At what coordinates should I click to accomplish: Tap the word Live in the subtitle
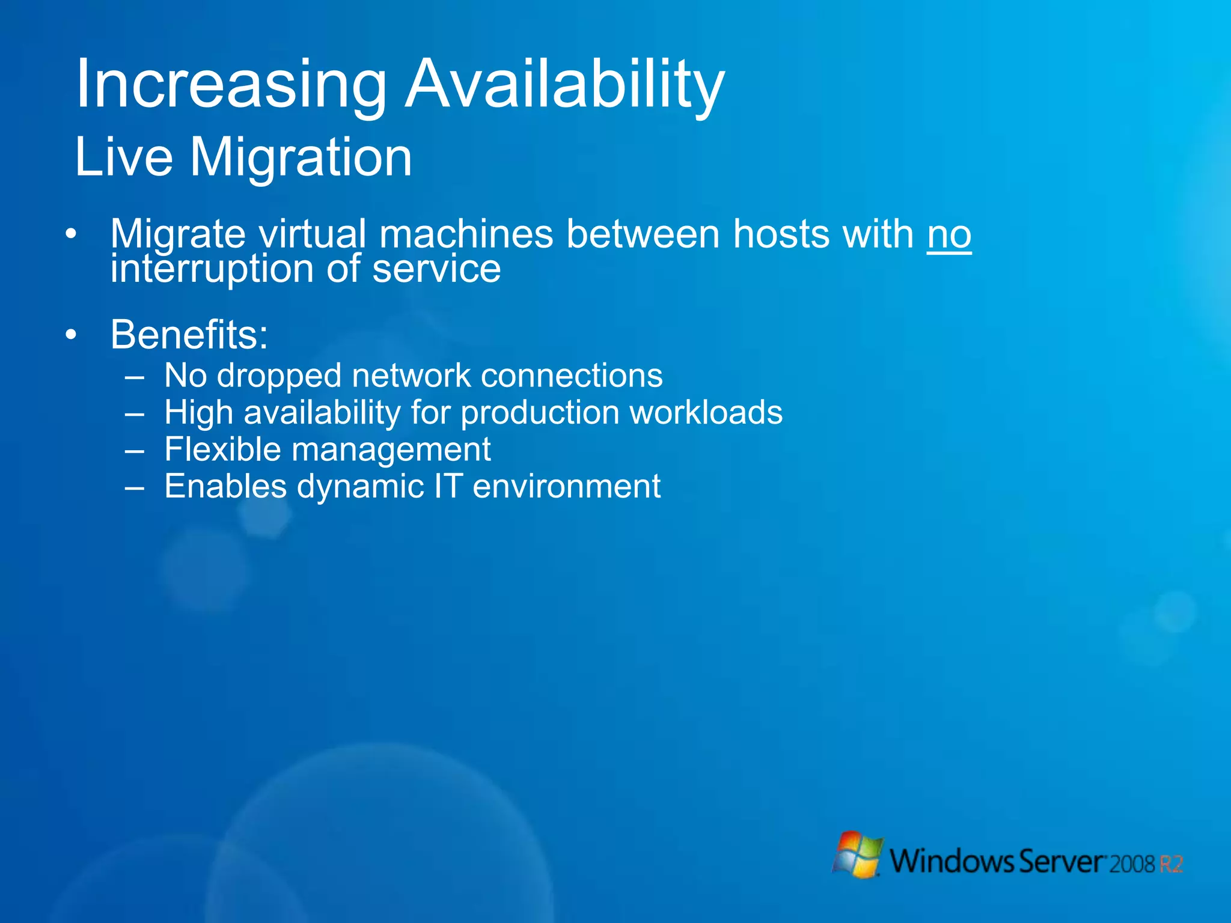click(124, 157)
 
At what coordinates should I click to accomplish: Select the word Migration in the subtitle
click(301, 158)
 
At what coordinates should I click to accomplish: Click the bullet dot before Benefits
click(72, 335)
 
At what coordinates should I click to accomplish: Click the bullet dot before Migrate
click(72, 234)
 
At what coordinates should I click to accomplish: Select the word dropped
click(278, 377)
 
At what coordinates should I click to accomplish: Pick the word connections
click(572, 376)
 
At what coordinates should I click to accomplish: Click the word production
click(540, 413)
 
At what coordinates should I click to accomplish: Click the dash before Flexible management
click(135, 451)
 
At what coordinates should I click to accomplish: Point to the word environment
click(566, 486)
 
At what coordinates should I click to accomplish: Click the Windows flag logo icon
click(858, 854)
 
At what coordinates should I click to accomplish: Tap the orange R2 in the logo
click(1171, 864)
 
